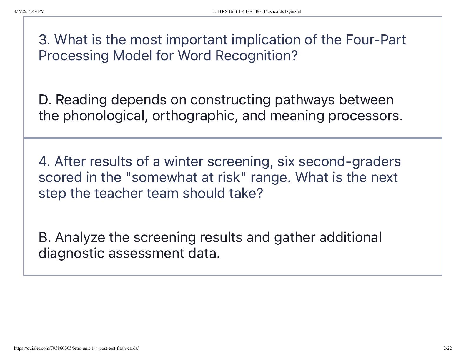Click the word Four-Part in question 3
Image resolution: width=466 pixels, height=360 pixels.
click(x=376, y=40)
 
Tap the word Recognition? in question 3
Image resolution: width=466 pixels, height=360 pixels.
click(x=257, y=56)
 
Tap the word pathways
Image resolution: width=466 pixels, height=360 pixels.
click(x=304, y=100)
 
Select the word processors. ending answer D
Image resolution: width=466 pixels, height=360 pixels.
click(x=365, y=116)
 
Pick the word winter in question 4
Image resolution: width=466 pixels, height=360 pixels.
click(x=184, y=161)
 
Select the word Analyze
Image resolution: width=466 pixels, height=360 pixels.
click(x=80, y=238)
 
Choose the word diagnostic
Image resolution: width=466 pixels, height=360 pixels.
click(x=71, y=254)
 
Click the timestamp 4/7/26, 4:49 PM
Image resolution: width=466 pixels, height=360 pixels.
click(x=29, y=11)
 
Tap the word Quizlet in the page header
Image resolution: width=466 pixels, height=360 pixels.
click(x=294, y=11)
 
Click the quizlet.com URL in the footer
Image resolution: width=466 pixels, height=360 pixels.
click(x=76, y=349)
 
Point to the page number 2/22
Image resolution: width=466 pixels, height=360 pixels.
click(x=447, y=349)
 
